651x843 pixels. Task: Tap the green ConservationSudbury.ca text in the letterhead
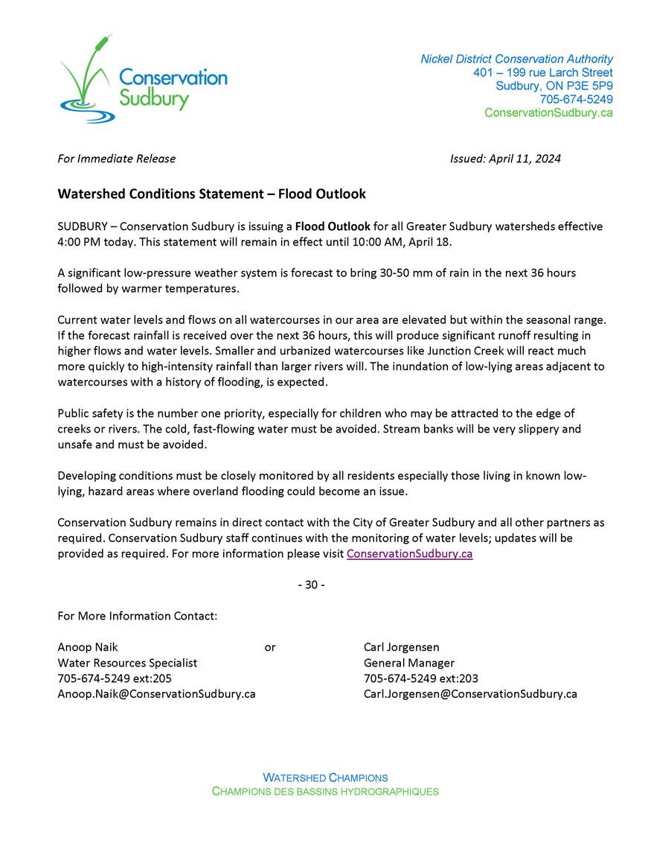point(548,112)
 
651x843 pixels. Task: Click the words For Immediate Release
point(117,159)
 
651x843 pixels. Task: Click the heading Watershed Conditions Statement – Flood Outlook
point(212,194)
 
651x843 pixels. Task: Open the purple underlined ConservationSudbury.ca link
point(409,554)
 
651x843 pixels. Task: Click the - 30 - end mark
point(311,585)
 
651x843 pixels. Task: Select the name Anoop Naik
point(88,647)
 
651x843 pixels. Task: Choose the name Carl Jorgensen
point(402,647)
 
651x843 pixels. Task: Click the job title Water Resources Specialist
point(127,663)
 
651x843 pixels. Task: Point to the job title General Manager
point(409,663)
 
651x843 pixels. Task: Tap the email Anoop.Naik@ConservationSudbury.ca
point(156,694)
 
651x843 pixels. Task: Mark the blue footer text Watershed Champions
point(325,777)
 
